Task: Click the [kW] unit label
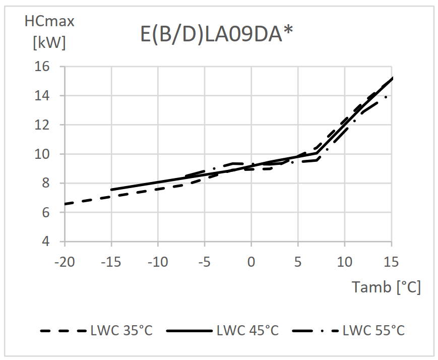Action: [49, 43]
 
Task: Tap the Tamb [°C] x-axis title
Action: [386, 287]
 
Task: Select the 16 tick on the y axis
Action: [44, 67]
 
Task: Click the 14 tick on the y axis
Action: [44, 96]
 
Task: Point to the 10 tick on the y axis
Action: [44, 154]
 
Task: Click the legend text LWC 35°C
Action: [121, 331]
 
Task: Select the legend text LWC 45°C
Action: [247, 331]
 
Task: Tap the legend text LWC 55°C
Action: [373, 331]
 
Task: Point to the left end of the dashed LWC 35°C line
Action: [66, 204]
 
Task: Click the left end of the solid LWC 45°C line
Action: [111, 190]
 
